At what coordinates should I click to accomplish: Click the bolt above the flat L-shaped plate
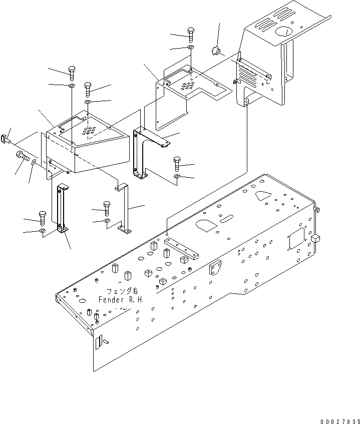point(191,34)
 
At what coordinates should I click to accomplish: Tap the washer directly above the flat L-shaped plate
point(191,48)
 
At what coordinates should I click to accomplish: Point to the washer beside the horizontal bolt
point(34,162)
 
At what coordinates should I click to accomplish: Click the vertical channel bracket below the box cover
point(62,208)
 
